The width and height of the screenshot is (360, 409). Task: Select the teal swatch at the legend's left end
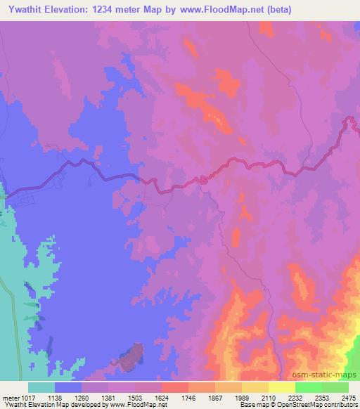41,387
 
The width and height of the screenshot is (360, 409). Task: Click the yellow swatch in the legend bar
281,387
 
